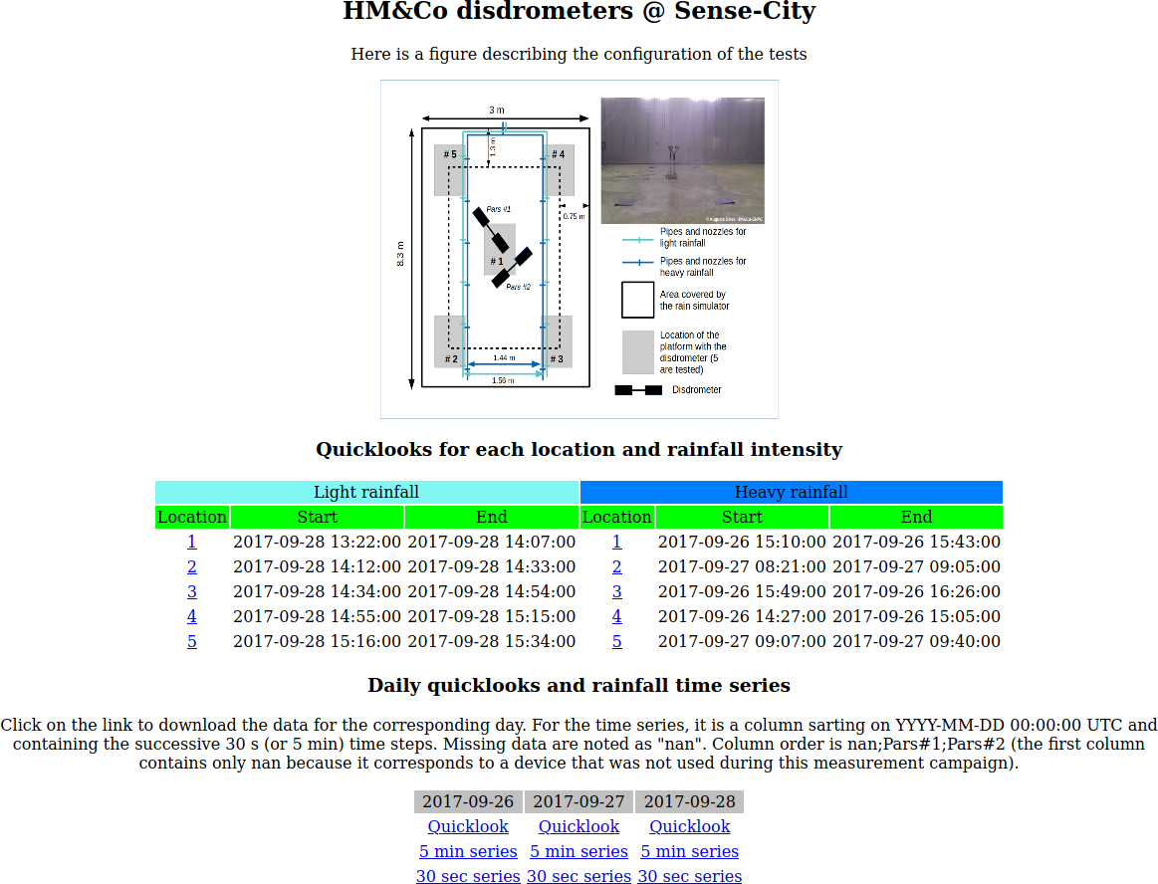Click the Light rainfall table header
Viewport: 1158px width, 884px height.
[x=366, y=492]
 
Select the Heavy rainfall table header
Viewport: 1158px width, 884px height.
[x=791, y=492]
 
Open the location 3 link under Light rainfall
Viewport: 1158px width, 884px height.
[x=192, y=591]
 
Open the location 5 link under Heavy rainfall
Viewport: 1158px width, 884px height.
[x=617, y=641]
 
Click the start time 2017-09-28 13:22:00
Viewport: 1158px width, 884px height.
[x=317, y=542]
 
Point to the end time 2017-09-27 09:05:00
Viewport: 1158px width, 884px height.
[x=916, y=566]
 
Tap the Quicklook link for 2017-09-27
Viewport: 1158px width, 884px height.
[x=579, y=826]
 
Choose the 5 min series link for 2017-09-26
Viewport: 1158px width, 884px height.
[x=468, y=851]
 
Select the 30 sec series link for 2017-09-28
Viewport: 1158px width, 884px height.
[x=689, y=876]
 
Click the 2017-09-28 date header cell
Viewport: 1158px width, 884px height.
[x=689, y=801]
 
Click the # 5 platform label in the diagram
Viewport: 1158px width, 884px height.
[x=450, y=154]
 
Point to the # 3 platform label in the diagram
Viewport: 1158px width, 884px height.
[x=556, y=358]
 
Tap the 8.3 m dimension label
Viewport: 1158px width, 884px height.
[x=400, y=254]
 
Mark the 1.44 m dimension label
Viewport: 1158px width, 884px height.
[x=504, y=356]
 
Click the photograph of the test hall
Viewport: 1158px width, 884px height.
[x=682, y=159]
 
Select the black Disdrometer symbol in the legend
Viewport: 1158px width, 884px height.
[x=638, y=390]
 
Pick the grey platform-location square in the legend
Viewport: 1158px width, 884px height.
[x=638, y=352]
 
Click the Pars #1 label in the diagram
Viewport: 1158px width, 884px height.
[x=499, y=209]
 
